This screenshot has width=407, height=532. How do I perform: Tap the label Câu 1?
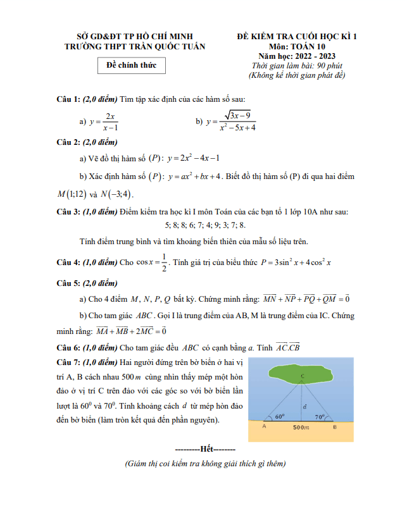pyautogui.click(x=68, y=99)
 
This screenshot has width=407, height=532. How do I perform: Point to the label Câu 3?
pyautogui.click(x=68, y=211)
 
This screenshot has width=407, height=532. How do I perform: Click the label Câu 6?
pyautogui.click(x=68, y=347)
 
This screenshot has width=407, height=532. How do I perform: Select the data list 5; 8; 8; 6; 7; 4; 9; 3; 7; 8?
pyautogui.click(x=205, y=225)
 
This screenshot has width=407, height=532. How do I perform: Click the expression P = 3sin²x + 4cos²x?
pyautogui.click(x=297, y=262)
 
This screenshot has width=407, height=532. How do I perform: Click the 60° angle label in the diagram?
pyautogui.click(x=280, y=417)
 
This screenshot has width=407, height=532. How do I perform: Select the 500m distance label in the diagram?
pyautogui.click(x=301, y=428)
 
